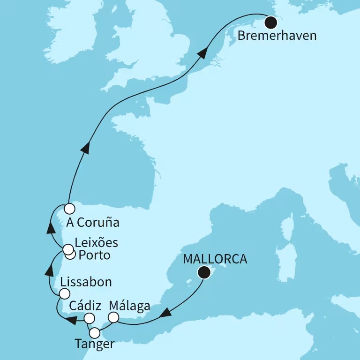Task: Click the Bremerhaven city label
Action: click(x=277, y=36)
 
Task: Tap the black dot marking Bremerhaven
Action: click(x=270, y=22)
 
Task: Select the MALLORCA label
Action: click(x=215, y=259)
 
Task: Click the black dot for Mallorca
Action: click(x=204, y=272)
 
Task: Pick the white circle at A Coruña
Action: click(x=69, y=208)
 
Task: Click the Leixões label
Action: click(x=96, y=243)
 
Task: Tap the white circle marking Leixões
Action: click(x=68, y=249)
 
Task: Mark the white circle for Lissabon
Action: click(x=64, y=293)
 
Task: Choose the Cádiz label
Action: click(x=85, y=306)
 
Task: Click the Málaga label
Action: click(x=129, y=306)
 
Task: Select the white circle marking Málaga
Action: click(x=113, y=318)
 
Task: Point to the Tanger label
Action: click(x=94, y=345)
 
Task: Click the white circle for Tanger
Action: click(x=95, y=333)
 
